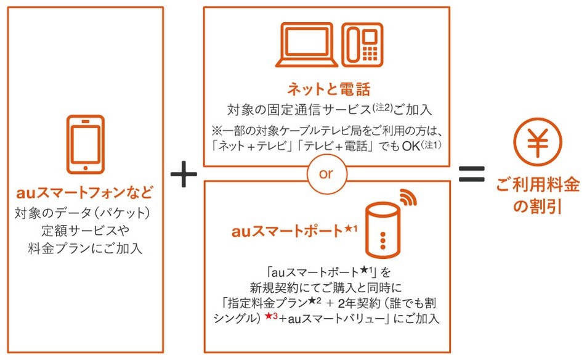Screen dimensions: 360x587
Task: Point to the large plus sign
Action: [183, 176]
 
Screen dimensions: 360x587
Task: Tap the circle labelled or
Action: [326, 173]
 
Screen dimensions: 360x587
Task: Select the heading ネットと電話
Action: [326, 90]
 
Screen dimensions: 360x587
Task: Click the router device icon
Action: [381, 231]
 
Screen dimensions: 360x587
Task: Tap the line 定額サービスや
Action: [84, 232]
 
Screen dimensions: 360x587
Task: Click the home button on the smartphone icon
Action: [84, 166]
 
